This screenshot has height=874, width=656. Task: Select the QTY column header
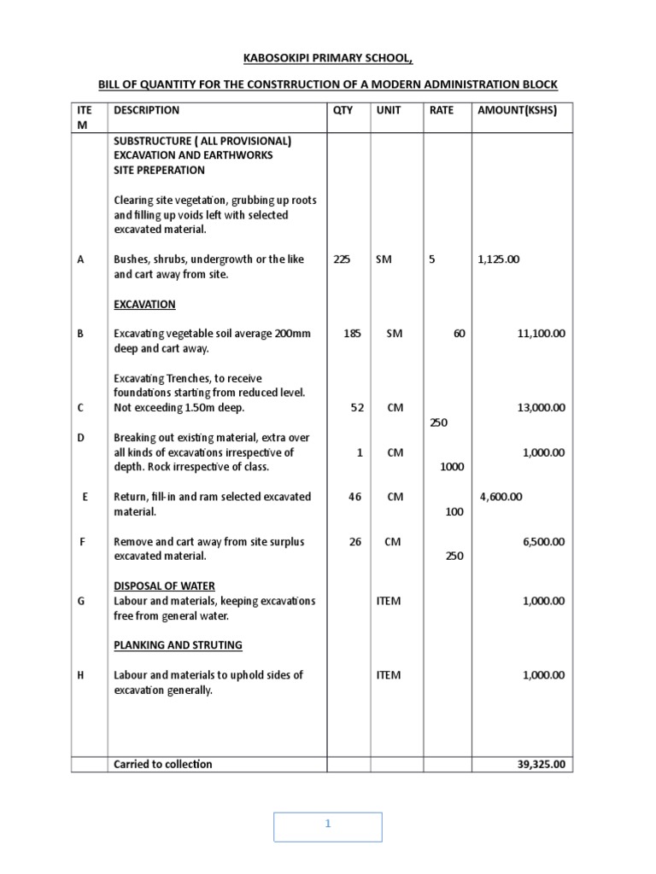point(343,110)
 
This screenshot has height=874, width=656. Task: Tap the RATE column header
point(442,110)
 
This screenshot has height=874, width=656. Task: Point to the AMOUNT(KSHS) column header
point(517,110)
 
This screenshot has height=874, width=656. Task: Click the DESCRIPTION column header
point(146,110)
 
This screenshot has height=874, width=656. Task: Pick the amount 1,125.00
point(499,259)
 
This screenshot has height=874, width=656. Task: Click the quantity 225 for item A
point(342,259)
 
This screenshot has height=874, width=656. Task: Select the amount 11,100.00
point(541,334)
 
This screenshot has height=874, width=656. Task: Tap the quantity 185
point(352,334)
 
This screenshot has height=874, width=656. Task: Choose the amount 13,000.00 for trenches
point(541,408)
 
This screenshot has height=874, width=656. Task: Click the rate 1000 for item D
point(452,467)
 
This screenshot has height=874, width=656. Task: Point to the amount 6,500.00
point(543,541)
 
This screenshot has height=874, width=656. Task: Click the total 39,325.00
point(541,765)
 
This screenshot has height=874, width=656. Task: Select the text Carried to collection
point(162,765)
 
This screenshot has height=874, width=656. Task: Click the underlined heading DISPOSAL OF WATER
point(165,586)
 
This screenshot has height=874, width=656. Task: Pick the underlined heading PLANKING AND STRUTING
point(179,645)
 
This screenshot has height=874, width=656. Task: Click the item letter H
point(81,675)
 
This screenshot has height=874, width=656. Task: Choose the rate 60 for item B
point(460,334)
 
